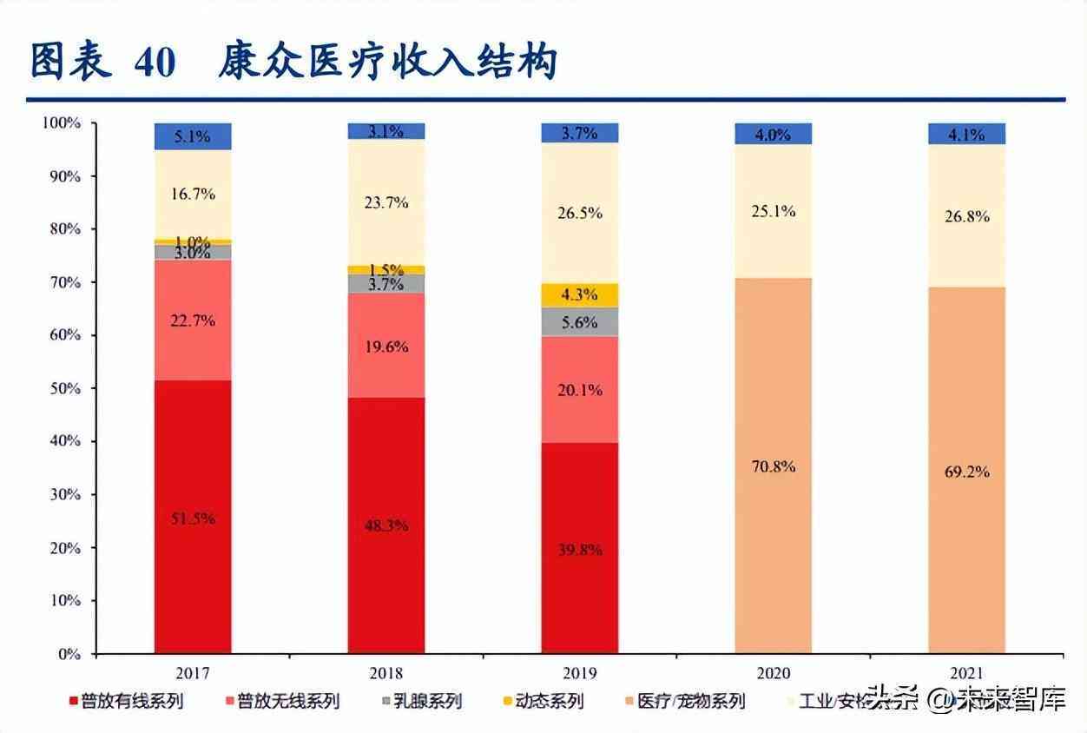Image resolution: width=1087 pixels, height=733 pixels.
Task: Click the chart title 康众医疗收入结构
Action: [x=387, y=63]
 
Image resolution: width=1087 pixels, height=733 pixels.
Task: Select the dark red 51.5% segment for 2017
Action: [x=193, y=517]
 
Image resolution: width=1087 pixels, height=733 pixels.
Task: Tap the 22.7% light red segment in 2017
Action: [x=193, y=320]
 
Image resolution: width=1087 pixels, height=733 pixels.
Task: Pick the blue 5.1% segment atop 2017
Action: [x=193, y=136]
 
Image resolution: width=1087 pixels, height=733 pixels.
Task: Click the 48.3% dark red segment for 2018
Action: [x=386, y=525]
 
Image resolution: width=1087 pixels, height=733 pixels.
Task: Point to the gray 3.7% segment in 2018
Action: [x=386, y=283]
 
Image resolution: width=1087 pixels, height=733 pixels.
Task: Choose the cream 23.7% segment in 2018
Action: [x=386, y=202]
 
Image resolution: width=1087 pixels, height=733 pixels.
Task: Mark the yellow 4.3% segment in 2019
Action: [x=580, y=295]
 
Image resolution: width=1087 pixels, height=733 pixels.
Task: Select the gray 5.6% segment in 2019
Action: [x=580, y=321]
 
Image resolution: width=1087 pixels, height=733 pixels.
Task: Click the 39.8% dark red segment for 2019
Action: [x=580, y=549]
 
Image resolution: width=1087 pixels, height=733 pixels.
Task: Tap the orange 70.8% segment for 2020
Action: [x=773, y=466]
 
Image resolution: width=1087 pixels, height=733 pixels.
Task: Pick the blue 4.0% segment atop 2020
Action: [x=773, y=134]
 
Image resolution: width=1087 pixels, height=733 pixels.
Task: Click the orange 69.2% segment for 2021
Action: [x=966, y=471]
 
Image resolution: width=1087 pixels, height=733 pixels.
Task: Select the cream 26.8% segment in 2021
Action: [x=966, y=215]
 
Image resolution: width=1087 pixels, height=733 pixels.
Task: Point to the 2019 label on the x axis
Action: [x=580, y=672]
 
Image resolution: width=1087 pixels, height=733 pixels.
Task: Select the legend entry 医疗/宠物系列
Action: [x=690, y=701]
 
